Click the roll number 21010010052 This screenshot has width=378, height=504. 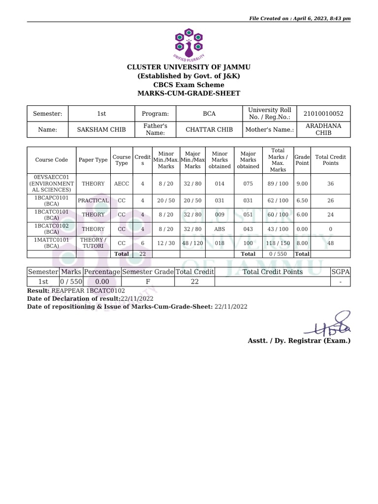pyautogui.click(x=323, y=114)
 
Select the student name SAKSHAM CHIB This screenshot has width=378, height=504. pyautogui.click(x=101, y=130)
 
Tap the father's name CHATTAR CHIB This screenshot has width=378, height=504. pyautogui.click(x=209, y=130)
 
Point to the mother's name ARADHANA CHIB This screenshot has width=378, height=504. pyautogui.click(x=323, y=129)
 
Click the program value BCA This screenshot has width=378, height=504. pyautogui.click(x=209, y=114)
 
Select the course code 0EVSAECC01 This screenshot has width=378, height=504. pyautogui.click(x=51, y=177)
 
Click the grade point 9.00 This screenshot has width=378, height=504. pyautogui.click(x=302, y=184)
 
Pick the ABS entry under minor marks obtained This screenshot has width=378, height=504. pyautogui.click(x=220, y=229)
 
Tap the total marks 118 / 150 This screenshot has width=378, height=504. pyautogui.click(x=278, y=243)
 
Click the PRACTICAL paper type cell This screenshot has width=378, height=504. pyautogui.click(x=93, y=201)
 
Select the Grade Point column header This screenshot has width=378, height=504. pyautogui.click(x=302, y=160)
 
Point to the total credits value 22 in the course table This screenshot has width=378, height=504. pyautogui.click(x=143, y=254)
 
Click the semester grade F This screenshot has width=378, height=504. pyautogui.click(x=148, y=282)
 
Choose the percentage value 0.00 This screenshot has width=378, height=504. pyautogui.click(x=102, y=282)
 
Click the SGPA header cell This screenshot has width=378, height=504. pyautogui.click(x=340, y=272)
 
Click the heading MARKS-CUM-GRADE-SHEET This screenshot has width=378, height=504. pyautogui.click(x=189, y=94)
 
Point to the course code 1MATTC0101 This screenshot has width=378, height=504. pyautogui.click(x=51, y=240)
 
